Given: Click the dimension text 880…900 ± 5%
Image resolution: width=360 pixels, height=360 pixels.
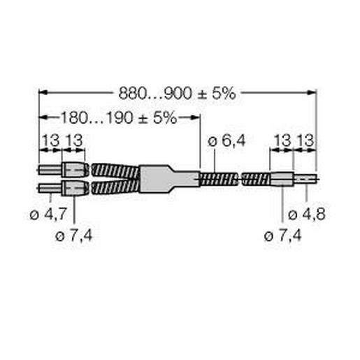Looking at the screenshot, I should pyautogui.click(x=177, y=92).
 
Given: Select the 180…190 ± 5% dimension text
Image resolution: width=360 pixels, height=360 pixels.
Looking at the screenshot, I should pyautogui.click(x=117, y=117).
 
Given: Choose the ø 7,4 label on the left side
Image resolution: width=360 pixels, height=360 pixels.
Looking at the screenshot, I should pyautogui.click(x=74, y=236).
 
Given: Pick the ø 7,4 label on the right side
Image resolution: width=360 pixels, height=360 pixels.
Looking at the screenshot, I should pyautogui.click(x=283, y=236).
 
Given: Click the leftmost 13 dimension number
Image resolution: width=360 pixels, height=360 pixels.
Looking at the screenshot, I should pyautogui.click(x=50, y=142).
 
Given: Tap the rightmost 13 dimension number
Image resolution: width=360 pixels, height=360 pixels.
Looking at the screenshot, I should pyautogui.click(x=305, y=142).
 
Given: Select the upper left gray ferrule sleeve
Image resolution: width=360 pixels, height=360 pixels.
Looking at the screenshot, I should pyautogui.click(x=73, y=170).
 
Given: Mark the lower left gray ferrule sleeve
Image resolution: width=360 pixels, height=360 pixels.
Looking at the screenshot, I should pyautogui.click(x=73, y=187).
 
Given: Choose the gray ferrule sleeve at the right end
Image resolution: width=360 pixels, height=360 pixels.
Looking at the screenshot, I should pyautogui.click(x=281, y=179).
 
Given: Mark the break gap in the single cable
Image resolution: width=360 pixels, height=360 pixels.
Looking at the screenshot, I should pyautogui.click(x=240, y=179).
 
